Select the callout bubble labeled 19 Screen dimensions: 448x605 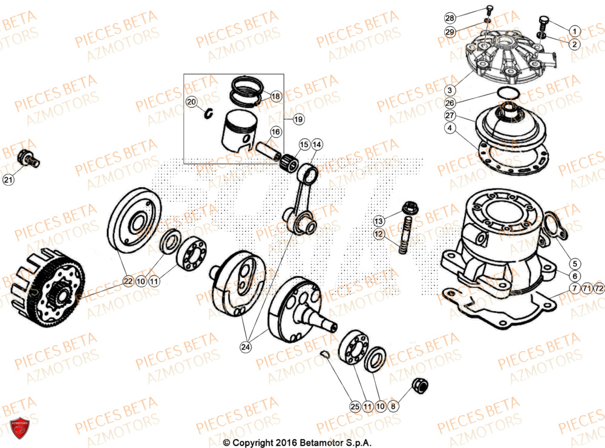pyautogui.click(x=298, y=120)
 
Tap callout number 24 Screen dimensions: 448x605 pyautogui.click(x=245, y=347)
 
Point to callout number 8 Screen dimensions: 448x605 pyautogui.click(x=393, y=407)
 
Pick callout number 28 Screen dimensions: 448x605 pyautogui.click(x=450, y=18)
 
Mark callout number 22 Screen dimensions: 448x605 pyautogui.click(x=128, y=281)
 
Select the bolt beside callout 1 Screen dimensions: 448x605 pyautogui.click(x=543, y=25)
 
